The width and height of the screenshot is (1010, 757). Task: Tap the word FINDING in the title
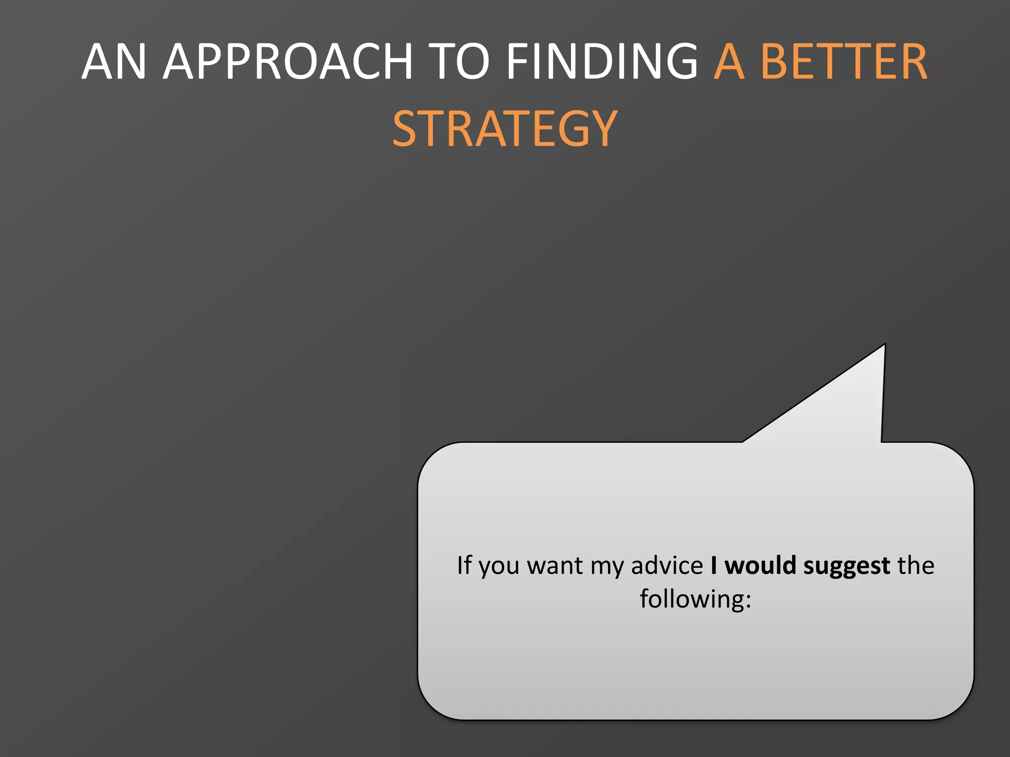tap(602, 61)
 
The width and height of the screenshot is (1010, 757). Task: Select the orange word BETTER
tap(844, 61)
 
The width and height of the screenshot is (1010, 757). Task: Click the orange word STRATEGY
tap(505, 129)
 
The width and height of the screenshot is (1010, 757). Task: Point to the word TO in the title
tap(458, 61)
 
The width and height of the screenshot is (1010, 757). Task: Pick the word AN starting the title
tap(114, 61)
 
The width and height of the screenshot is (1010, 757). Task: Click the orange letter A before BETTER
tap(729, 61)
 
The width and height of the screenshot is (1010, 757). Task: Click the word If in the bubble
tap(464, 565)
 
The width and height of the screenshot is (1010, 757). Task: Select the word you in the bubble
tap(499, 566)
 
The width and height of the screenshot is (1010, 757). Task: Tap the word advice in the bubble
tap(667, 565)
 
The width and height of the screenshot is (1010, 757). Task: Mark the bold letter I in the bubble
tap(714, 565)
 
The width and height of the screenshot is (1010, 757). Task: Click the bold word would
tap(760, 565)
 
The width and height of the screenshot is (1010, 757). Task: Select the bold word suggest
tap(846, 566)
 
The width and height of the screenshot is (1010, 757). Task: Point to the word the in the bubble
tap(916, 565)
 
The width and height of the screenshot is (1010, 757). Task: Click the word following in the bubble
tap(691, 599)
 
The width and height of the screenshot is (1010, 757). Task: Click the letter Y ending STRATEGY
tap(603, 129)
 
